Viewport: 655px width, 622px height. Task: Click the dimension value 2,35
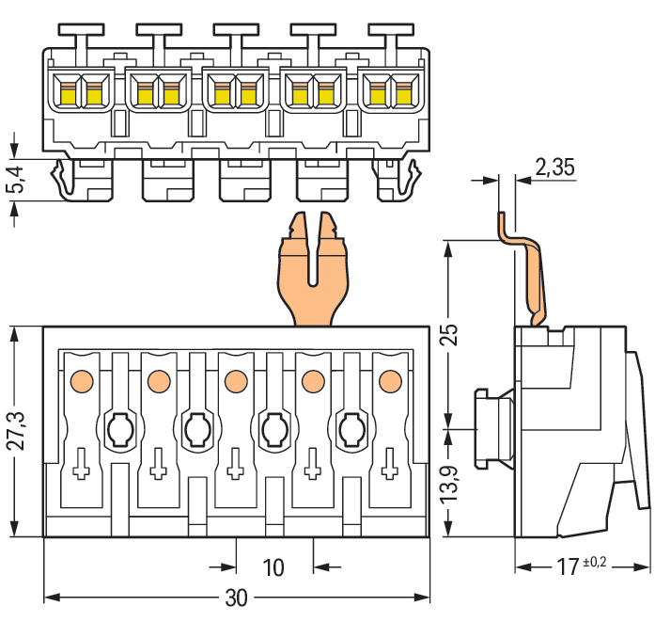click(x=554, y=168)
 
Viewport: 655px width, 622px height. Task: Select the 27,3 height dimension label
click(x=16, y=431)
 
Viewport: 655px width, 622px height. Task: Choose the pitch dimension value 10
click(x=273, y=567)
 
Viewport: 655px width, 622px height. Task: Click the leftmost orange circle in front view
click(x=81, y=381)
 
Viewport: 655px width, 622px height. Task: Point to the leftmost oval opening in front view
click(x=119, y=431)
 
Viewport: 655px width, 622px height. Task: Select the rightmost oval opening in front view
click(x=350, y=431)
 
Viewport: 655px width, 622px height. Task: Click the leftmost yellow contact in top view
click(x=68, y=92)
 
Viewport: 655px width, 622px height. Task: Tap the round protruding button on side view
click(x=491, y=428)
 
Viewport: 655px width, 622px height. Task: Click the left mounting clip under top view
click(x=65, y=179)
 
